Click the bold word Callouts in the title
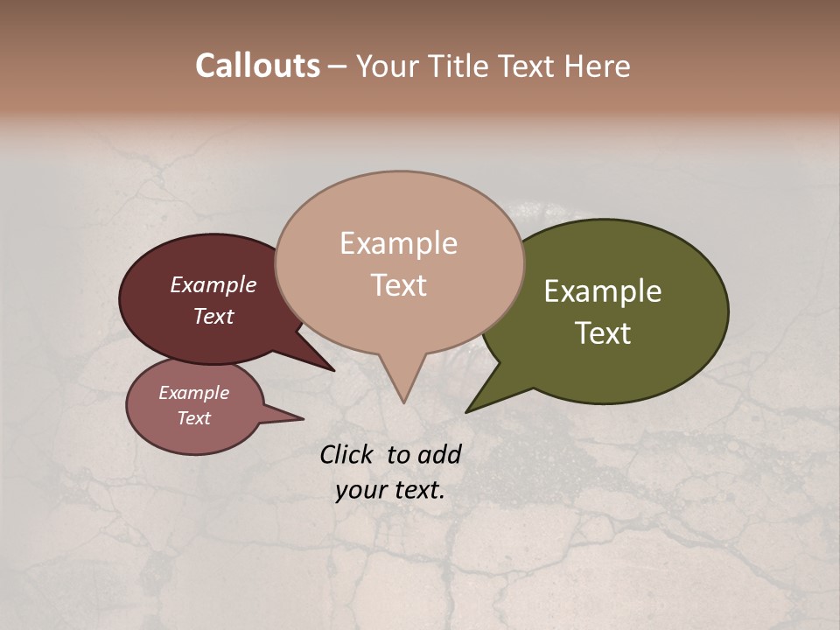(x=257, y=66)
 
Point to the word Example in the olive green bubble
(x=603, y=291)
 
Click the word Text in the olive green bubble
(x=603, y=333)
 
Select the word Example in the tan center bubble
(x=398, y=243)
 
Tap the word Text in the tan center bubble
(x=398, y=285)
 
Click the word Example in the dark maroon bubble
(x=213, y=284)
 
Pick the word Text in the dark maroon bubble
(x=213, y=316)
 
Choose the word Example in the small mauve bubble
(x=193, y=393)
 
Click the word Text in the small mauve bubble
(x=193, y=418)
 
